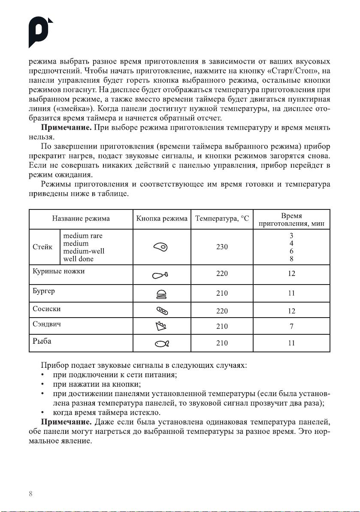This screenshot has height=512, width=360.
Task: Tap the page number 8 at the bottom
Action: [31, 493]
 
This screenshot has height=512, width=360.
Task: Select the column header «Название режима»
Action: [81, 218]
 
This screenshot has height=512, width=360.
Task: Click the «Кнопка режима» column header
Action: [162, 218]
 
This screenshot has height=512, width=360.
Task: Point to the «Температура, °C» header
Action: [222, 218]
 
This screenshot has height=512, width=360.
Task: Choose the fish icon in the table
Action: [161, 343]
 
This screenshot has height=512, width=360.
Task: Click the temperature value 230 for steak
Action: [222, 247]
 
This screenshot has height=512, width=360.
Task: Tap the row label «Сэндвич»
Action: [47, 324]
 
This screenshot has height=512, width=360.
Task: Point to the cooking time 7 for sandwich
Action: [292, 327]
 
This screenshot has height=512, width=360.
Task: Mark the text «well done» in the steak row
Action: [78, 259]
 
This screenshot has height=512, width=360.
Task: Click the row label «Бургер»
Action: [44, 291]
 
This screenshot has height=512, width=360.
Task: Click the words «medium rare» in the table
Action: [83, 236]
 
